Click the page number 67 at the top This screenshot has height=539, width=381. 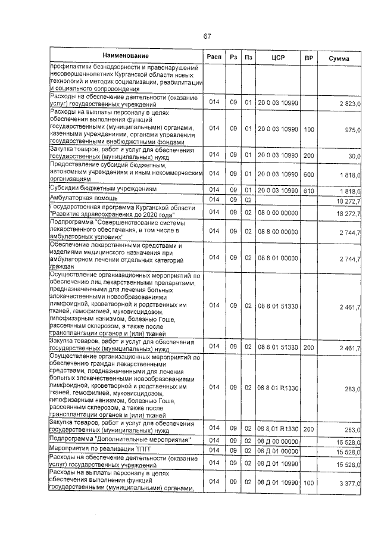point(207,36)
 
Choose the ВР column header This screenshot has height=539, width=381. point(308,58)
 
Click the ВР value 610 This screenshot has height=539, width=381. point(308,189)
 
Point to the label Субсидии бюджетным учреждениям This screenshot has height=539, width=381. point(104,188)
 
